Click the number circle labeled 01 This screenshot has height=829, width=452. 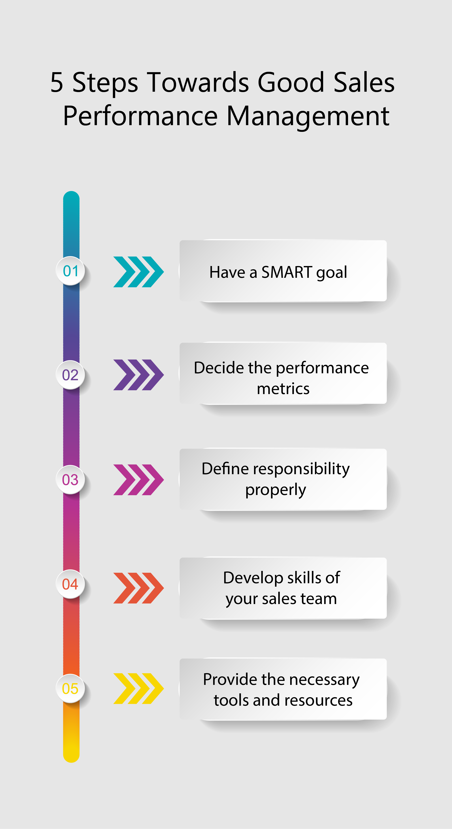[71, 271]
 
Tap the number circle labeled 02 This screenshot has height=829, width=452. [71, 375]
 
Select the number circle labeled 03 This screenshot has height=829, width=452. [71, 479]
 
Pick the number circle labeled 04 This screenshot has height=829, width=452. [71, 584]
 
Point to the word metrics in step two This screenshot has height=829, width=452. [283, 389]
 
